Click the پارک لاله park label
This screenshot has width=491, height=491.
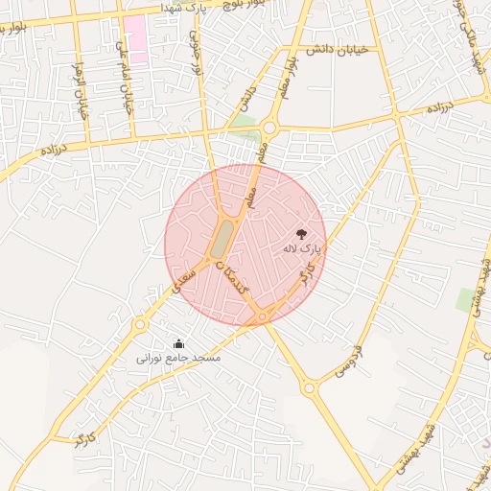tap(301, 247)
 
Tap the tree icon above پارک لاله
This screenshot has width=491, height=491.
tap(301, 233)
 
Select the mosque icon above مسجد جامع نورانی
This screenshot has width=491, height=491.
tap(178, 344)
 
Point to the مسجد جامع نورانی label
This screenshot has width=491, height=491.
tap(178, 358)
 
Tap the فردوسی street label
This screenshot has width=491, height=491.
tap(348, 357)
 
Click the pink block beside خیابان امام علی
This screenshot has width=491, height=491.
tap(135, 38)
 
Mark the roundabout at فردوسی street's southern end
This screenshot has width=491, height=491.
tap(309, 388)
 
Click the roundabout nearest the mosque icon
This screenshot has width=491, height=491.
tap(141, 325)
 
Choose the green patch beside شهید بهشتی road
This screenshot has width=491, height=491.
tap(467, 300)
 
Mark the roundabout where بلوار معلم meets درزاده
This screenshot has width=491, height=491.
tap(269, 128)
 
